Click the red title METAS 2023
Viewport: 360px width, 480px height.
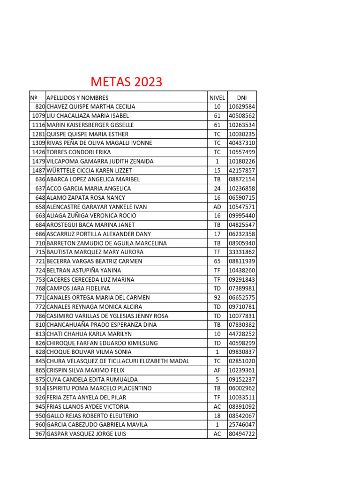126,82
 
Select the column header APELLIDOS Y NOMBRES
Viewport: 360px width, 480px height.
77,97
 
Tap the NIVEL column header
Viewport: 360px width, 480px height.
217,97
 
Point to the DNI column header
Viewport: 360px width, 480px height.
242,97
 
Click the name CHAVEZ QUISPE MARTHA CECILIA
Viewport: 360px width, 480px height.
91,106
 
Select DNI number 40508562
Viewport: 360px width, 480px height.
242,116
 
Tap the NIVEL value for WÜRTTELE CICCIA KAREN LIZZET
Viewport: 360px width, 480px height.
217,170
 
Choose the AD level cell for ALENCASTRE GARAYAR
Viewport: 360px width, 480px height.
217,207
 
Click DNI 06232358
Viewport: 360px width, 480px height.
242,234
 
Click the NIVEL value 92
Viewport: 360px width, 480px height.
217,298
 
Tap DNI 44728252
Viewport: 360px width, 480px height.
242,334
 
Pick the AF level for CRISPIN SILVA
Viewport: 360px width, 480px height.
217,370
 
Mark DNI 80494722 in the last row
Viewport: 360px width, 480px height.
242,434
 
